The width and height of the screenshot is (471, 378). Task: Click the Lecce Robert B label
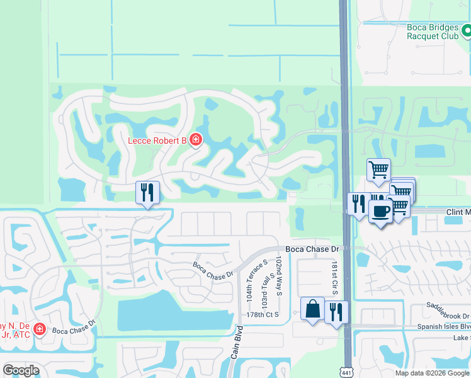tap(157, 140)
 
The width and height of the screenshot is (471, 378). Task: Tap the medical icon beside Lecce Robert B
tap(196, 139)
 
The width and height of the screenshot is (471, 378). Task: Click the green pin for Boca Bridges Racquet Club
tap(467, 30)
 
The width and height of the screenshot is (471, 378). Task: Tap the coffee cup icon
tap(380, 211)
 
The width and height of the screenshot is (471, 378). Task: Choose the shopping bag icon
tap(312, 309)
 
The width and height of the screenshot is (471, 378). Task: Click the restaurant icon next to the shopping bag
tap(336, 311)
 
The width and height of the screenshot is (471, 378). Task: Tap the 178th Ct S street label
tap(263, 314)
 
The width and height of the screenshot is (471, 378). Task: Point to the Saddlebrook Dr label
tap(448, 316)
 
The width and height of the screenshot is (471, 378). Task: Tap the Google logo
tap(21, 370)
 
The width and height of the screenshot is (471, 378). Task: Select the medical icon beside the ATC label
tap(39, 329)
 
